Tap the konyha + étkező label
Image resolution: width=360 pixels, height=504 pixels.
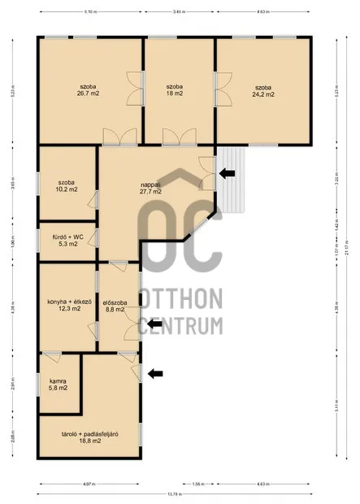(x=67, y=305)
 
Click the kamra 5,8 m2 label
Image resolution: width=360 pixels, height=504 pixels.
(x=58, y=385)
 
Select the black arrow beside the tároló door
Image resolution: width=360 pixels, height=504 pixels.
(x=155, y=373)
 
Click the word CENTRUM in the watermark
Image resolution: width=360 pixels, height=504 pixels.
(x=180, y=326)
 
